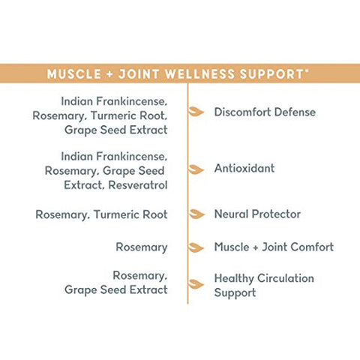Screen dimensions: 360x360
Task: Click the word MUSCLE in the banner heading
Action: click(x=74, y=74)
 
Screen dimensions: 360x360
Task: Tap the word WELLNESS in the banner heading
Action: click(x=200, y=74)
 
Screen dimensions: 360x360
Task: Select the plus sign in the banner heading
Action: click(x=109, y=74)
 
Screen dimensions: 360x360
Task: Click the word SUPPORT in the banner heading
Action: click(x=271, y=74)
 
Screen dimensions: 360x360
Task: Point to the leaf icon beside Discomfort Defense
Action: click(x=196, y=112)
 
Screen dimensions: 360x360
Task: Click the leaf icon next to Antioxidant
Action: click(x=196, y=169)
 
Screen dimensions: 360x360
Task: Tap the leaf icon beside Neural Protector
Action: click(x=196, y=214)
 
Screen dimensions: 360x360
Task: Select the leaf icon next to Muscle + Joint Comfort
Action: click(x=196, y=247)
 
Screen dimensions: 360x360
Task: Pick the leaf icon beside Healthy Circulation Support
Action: click(x=196, y=284)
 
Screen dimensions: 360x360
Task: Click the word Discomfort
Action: click(x=242, y=112)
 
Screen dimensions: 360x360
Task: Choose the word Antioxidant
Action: click(x=244, y=168)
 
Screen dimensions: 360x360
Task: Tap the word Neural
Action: click(x=231, y=214)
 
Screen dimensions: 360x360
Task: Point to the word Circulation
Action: click(x=286, y=278)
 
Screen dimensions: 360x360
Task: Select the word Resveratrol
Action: click(x=138, y=185)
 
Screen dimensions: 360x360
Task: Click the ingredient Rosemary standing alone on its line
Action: click(x=142, y=247)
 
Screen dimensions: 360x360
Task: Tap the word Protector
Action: click(x=276, y=214)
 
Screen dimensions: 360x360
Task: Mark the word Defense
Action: click(x=295, y=112)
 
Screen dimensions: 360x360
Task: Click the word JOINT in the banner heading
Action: click(x=139, y=74)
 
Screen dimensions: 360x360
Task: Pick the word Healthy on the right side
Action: click(x=234, y=279)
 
